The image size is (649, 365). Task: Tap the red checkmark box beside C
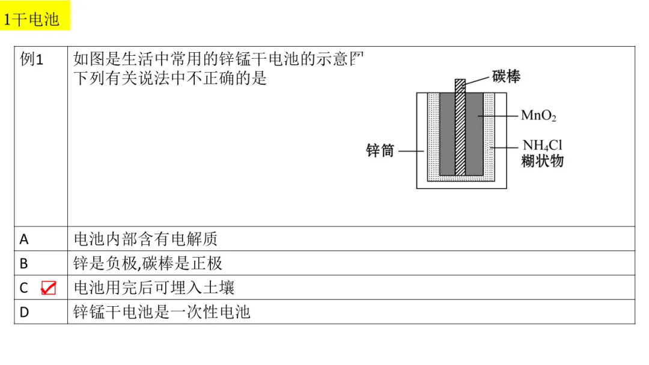48,288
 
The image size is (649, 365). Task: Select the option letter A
24,240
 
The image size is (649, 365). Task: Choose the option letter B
24,264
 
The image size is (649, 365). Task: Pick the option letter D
24,312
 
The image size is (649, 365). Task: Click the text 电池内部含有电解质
145,239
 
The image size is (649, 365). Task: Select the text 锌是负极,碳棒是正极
148,264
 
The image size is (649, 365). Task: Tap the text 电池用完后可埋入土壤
154,288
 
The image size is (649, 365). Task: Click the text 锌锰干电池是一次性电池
162,312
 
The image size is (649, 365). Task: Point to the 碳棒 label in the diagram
506,76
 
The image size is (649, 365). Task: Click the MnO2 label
538,115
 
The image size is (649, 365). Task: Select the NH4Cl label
542,146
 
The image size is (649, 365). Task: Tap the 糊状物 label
543,161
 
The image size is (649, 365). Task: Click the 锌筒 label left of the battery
380,151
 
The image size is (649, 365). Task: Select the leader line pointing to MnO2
499,115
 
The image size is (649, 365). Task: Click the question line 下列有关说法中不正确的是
170,78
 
